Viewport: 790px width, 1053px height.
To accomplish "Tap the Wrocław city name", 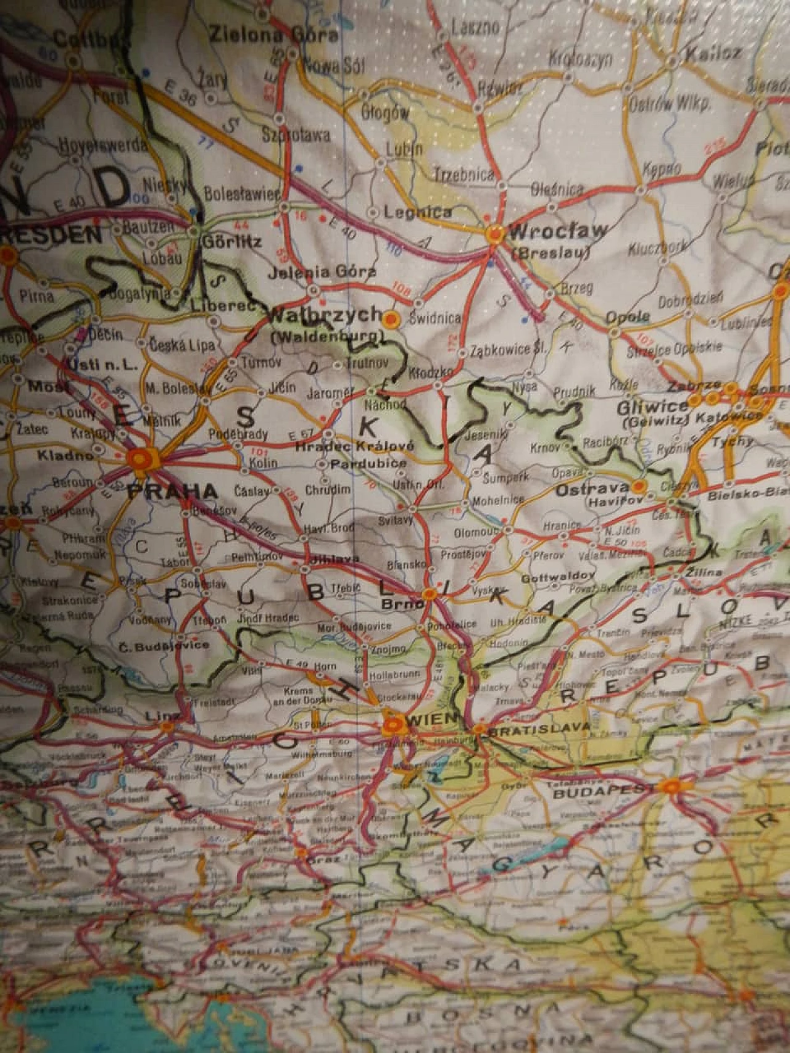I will coord(557,232).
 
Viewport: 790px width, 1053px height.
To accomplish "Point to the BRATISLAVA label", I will coord(539,729).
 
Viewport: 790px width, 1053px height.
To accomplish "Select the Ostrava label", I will coord(592,491).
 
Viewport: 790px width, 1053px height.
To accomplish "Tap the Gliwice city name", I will coord(652,407).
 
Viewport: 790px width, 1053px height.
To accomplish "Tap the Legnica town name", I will coord(417,212).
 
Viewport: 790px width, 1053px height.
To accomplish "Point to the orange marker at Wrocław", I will coord(494,234).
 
